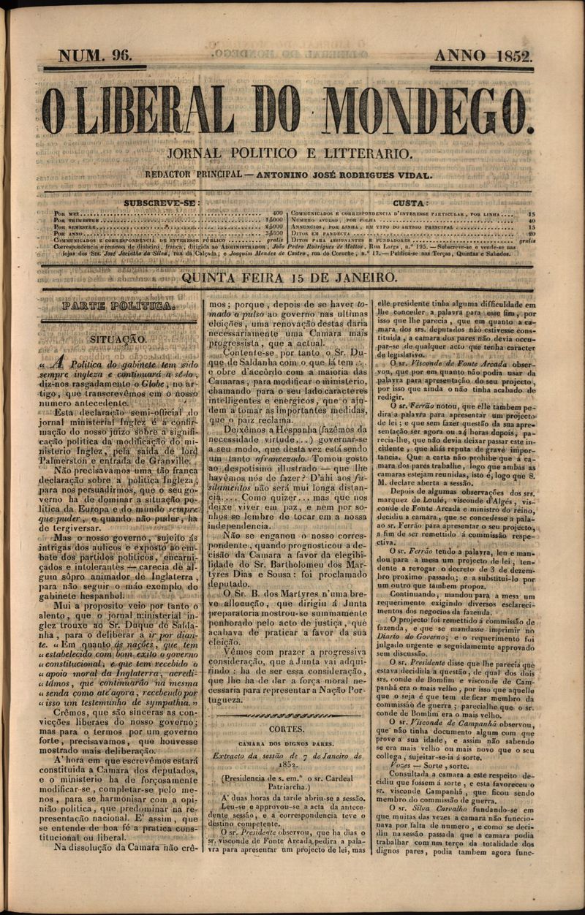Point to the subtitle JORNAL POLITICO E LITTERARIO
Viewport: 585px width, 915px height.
(x=290, y=154)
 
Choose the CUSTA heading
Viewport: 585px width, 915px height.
(x=410, y=202)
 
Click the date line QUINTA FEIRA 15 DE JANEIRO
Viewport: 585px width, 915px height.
(x=290, y=278)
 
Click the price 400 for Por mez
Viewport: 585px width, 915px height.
(x=277, y=213)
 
